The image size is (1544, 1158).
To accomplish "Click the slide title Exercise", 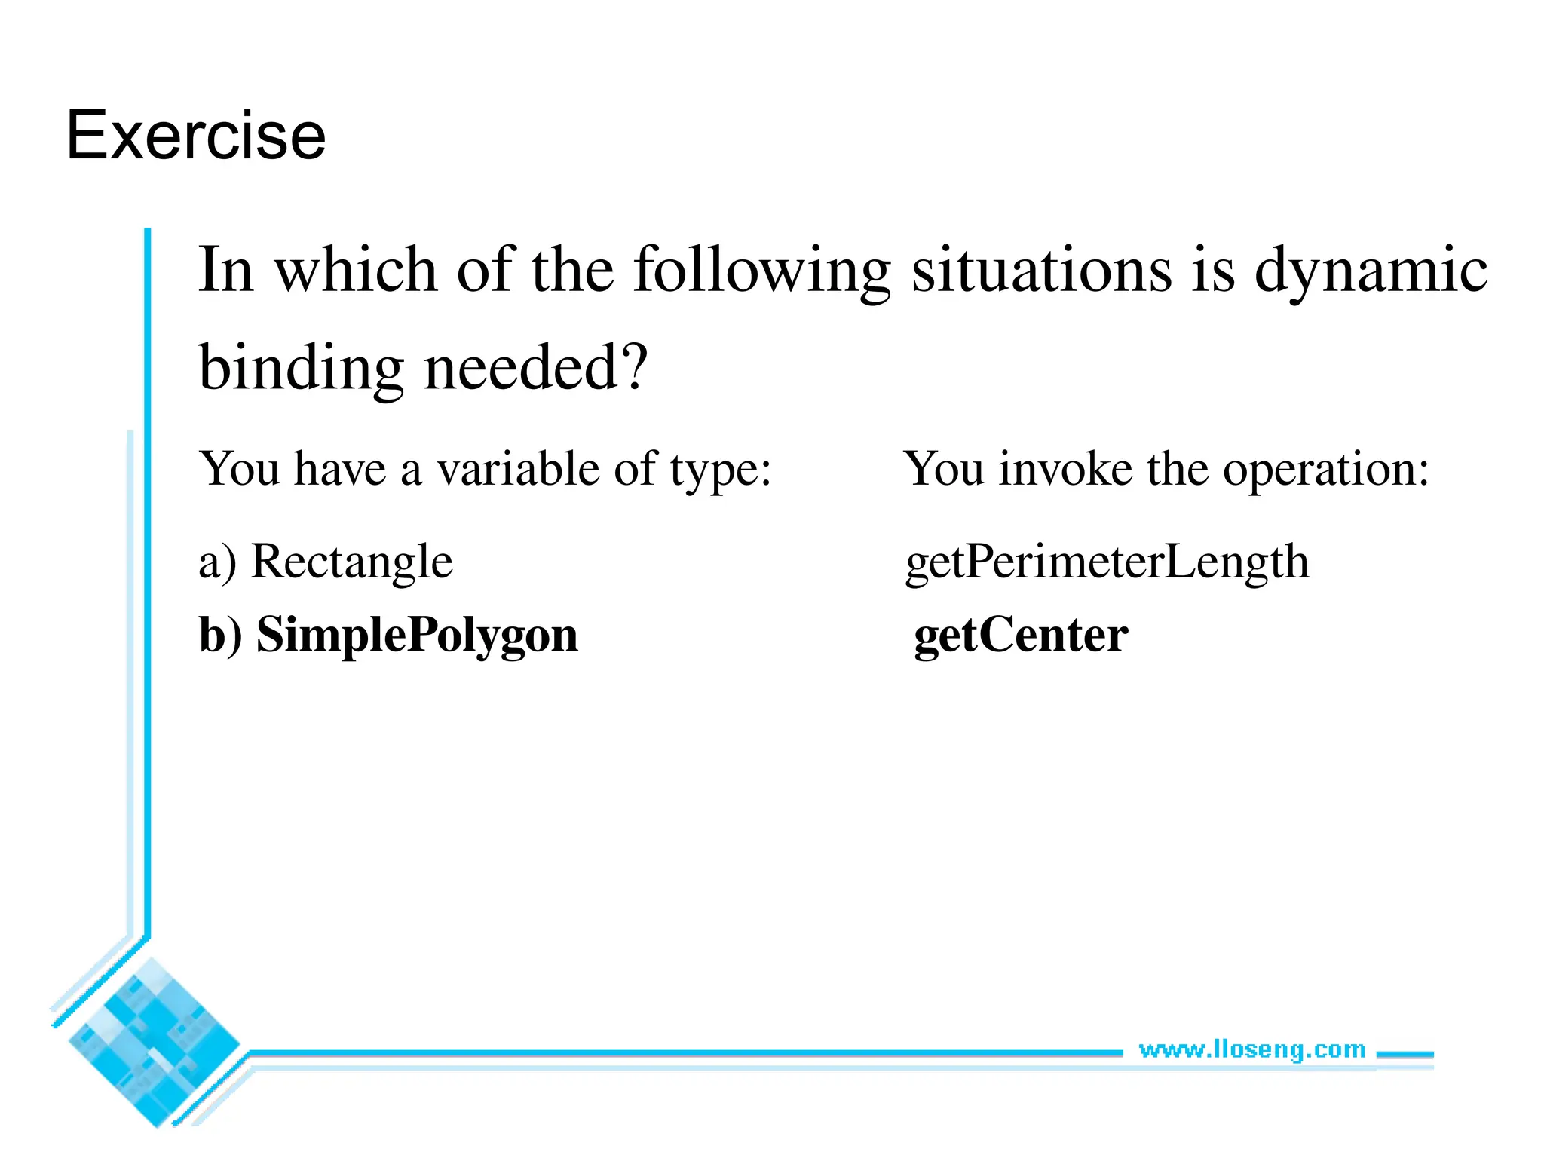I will tap(196, 136).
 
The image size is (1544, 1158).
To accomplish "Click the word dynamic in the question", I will tap(1371, 270).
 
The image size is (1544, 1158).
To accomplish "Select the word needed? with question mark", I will tap(536, 368).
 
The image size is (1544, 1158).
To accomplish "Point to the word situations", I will tap(1042, 270).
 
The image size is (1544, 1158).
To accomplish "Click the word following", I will tap(762, 270).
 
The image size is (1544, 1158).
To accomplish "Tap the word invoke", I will tap(1065, 469).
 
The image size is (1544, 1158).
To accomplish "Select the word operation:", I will tap(1325, 469).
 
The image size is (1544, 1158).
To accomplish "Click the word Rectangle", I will tap(351, 562).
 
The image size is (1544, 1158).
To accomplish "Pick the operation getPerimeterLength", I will tap(1107, 562).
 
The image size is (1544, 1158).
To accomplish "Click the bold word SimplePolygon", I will tap(417, 635).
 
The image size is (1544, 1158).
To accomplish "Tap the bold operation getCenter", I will tap(1021, 635).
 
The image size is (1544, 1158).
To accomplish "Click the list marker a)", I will tap(217, 562).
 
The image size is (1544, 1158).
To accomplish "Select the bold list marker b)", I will tap(220, 635).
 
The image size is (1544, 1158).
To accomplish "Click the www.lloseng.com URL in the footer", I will tap(1251, 1049).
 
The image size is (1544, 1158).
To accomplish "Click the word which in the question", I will tap(355, 270).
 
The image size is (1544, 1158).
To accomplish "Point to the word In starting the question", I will tap(225, 270).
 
